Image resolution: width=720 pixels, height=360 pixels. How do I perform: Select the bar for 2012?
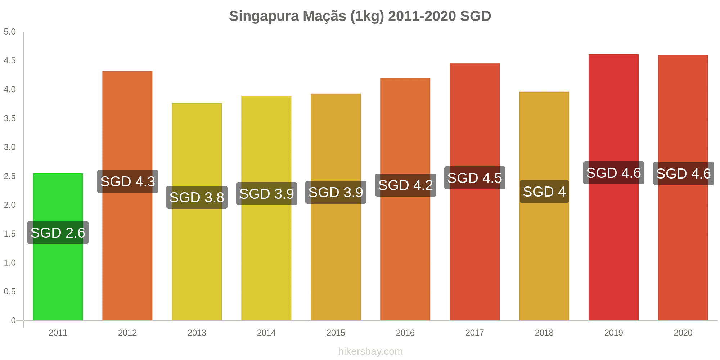(x=127, y=252)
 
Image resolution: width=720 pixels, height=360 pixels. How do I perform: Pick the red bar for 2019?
(x=613, y=252)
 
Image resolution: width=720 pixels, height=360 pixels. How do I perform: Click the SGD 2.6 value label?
(x=58, y=233)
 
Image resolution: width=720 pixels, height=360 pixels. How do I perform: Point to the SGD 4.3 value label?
(x=128, y=181)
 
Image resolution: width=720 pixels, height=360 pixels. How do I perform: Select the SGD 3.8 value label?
(x=197, y=197)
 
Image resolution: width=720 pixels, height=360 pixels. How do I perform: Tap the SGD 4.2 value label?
(x=406, y=185)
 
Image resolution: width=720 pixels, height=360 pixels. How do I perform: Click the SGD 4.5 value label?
(x=475, y=178)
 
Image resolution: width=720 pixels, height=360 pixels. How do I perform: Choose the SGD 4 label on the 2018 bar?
(x=544, y=192)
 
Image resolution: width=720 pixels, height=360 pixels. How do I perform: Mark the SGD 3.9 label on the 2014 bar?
(x=267, y=194)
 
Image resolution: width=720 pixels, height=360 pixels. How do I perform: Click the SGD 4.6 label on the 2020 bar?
(x=684, y=174)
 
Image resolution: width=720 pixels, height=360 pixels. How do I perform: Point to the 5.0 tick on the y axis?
(x=10, y=32)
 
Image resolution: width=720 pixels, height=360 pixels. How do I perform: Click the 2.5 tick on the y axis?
(x=10, y=176)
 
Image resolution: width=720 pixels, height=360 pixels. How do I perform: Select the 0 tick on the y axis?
(x=13, y=320)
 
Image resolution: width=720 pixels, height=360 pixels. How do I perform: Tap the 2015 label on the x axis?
(x=336, y=333)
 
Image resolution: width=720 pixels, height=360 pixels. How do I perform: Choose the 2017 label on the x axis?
(x=475, y=333)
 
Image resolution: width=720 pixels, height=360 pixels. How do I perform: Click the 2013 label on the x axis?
(x=197, y=333)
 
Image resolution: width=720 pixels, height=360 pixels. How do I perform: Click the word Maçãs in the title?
(x=324, y=16)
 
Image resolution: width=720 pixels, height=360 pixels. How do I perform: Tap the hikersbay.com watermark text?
(x=370, y=351)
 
